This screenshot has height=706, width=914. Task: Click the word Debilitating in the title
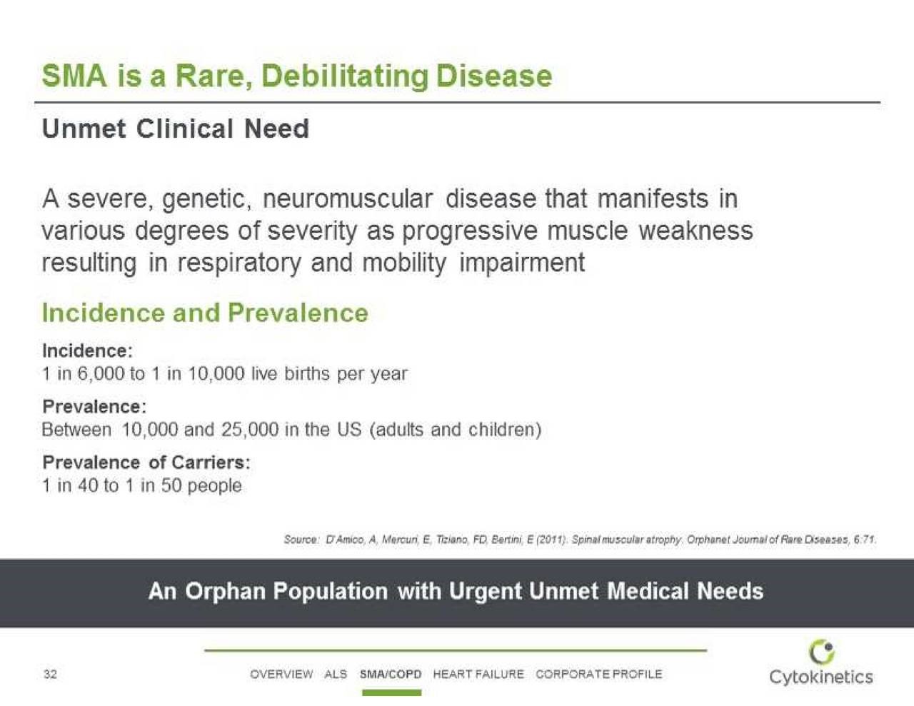coord(345,78)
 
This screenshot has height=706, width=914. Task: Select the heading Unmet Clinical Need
coord(176,128)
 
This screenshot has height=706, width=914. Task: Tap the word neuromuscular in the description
coord(348,198)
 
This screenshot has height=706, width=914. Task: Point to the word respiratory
coord(239,263)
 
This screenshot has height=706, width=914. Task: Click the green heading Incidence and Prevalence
coord(205,313)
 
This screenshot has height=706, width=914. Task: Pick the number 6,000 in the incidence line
coord(101,374)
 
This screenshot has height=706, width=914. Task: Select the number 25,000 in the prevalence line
coord(250,430)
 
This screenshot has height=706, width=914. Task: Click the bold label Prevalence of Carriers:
coord(146,463)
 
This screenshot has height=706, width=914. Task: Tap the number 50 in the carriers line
coord(171,485)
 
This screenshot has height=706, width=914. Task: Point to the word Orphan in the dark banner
coord(226,592)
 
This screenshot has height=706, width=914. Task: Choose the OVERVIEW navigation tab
coord(281,674)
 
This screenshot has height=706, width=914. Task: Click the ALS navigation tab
coord(336,674)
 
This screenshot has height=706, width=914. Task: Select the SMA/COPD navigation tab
coord(391,674)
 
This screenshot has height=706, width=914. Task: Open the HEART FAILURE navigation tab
coord(478,674)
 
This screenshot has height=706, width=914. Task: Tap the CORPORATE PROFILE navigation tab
coord(599,674)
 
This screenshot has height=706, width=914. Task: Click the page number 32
coord(50,675)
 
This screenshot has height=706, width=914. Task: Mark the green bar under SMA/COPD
coord(391,692)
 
